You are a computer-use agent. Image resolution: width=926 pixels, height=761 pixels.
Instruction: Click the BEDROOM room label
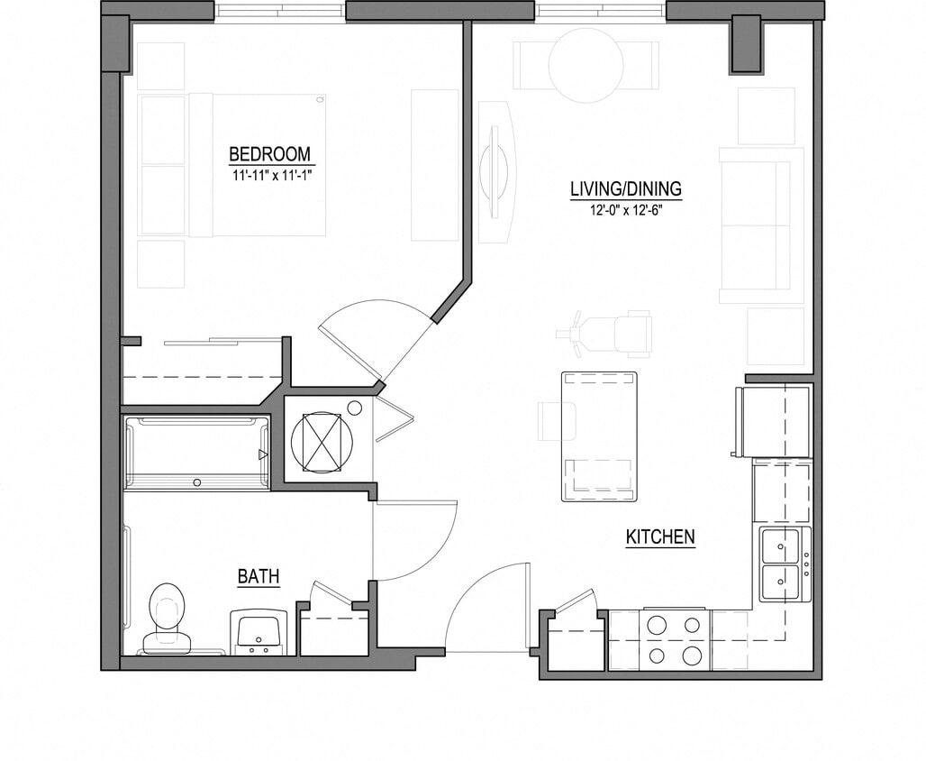269,153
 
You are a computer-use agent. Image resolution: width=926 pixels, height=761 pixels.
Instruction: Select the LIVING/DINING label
626,189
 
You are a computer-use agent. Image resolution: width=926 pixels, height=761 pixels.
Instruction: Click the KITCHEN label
660,537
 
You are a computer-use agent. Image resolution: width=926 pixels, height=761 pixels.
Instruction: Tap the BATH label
258,576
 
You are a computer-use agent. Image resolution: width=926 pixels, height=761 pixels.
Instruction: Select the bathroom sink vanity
259,631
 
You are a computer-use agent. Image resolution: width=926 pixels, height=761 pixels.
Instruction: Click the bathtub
196,453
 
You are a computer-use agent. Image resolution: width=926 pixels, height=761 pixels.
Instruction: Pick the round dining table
586,66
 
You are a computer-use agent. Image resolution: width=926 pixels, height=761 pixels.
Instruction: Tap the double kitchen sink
782,564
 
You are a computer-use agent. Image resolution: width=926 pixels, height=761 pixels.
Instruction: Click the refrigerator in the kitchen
774,421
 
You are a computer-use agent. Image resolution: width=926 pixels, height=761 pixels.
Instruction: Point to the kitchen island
599,436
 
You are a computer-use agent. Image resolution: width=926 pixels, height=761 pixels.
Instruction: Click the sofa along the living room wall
761,225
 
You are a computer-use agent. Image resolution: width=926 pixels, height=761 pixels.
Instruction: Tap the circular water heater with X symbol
322,442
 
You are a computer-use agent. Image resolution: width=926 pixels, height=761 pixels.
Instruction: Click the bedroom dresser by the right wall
435,164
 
